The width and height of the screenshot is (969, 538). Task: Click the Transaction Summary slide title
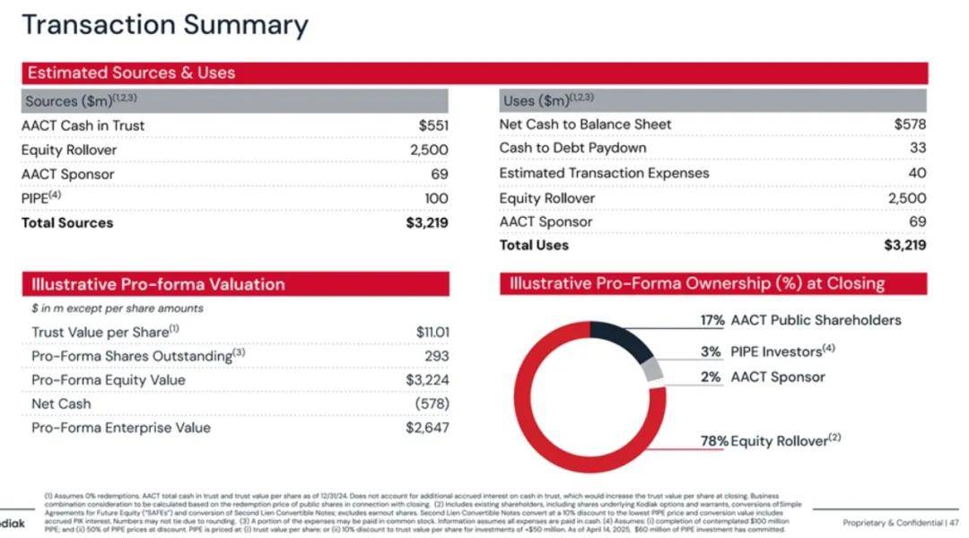[164, 24]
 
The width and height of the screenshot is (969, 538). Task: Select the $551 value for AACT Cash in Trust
[433, 126]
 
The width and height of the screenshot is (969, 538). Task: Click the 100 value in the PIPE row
[436, 198]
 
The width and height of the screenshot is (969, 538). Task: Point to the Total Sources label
[67, 222]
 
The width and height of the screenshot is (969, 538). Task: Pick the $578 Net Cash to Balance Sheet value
[910, 125]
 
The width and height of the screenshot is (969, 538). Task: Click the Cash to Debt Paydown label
[572, 148]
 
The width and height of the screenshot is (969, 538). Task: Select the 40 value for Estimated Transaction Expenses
[917, 173]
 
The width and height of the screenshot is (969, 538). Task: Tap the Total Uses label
[534, 245]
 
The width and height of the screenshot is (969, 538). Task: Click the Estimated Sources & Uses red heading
[131, 73]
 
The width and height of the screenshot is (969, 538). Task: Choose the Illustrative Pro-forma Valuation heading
[158, 284]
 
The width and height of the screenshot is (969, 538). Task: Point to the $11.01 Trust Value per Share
[432, 332]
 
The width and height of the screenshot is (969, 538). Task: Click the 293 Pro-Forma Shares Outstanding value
[436, 356]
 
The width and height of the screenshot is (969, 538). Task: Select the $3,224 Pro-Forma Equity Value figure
[427, 380]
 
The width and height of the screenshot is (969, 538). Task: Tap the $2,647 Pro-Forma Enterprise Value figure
[427, 428]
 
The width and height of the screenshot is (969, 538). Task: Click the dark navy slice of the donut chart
[624, 340]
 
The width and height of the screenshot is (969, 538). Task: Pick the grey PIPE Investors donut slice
[655, 369]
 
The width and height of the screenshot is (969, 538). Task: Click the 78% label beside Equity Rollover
[714, 441]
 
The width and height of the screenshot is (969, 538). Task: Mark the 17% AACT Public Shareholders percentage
[712, 320]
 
